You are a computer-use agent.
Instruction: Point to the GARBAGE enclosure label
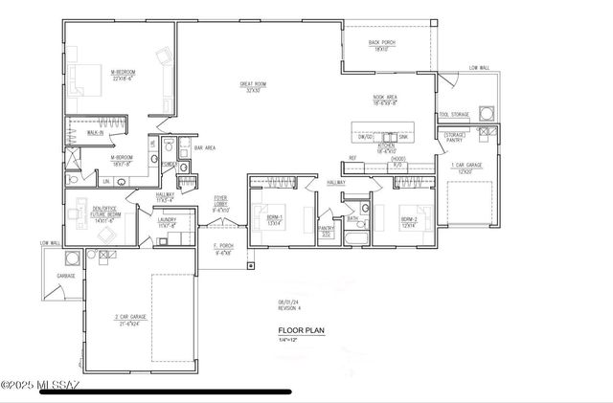pyautogui.click(x=65, y=275)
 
